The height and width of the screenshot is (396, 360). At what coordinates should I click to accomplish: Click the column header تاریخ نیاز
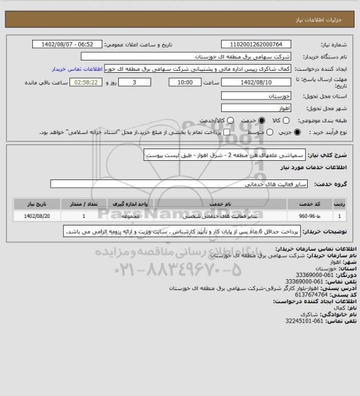36,204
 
